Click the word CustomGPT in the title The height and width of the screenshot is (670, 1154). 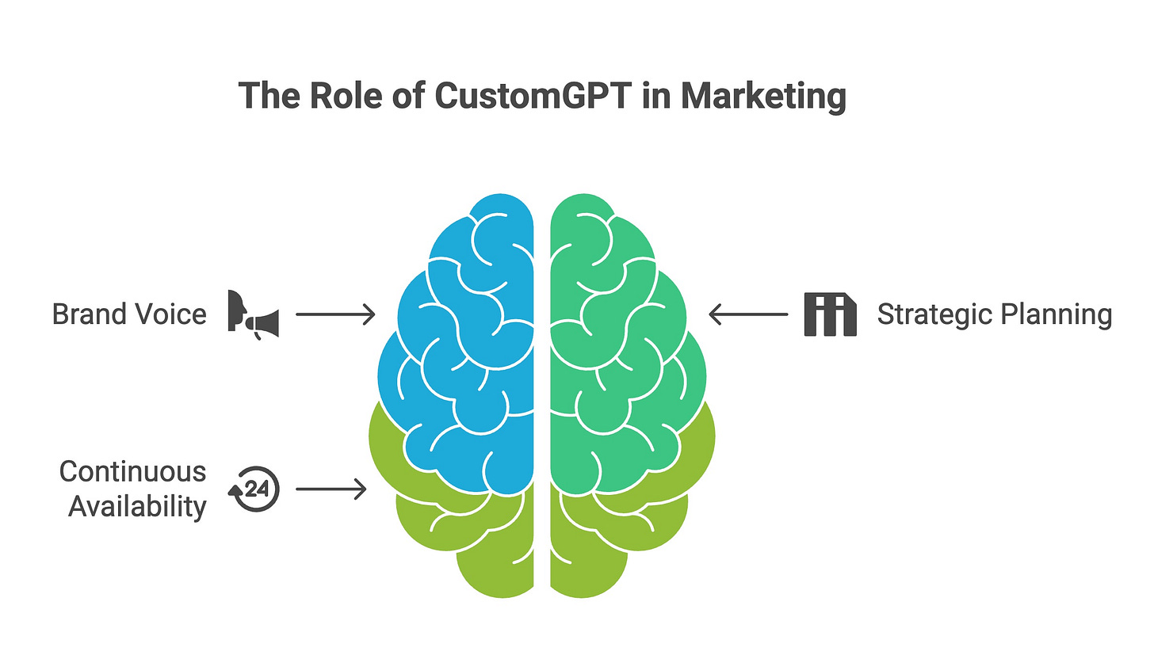(533, 96)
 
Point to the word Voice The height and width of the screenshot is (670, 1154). (170, 314)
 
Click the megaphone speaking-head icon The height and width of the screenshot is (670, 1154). (253, 314)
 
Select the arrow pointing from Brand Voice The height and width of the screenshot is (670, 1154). (335, 314)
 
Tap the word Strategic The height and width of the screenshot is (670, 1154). (934, 314)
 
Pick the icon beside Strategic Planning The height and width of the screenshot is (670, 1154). (830, 314)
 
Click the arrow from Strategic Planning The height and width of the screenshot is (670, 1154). (747, 314)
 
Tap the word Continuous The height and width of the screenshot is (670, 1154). (132, 471)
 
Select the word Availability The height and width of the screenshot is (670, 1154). (137, 506)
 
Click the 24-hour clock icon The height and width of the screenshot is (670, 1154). (254, 489)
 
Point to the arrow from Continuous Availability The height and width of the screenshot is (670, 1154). (331, 489)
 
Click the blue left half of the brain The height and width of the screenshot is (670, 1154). (468, 348)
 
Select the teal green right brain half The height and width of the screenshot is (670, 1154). (618, 348)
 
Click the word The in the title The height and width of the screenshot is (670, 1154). (268, 96)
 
